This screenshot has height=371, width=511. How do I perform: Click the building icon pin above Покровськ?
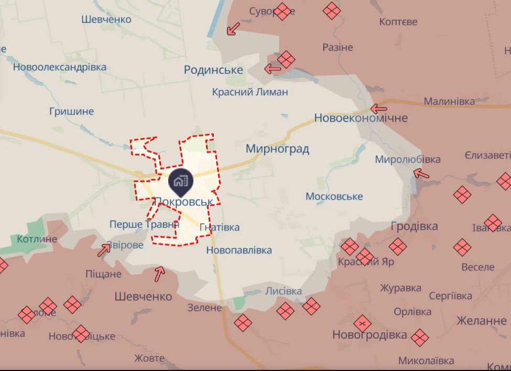(x=181, y=181)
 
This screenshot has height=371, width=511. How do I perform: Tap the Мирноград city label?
(x=277, y=149)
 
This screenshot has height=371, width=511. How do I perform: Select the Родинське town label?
(x=213, y=70)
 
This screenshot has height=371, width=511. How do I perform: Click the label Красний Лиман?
(x=250, y=92)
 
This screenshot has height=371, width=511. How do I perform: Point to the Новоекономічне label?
(x=361, y=118)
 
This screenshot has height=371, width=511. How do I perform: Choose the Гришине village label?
(x=71, y=111)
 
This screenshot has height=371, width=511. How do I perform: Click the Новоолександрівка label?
(x=60, y=67)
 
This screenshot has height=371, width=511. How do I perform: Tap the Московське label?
(x=334, y=197)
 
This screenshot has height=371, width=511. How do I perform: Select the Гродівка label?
(x=414, y=226)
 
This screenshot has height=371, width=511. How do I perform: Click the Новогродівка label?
(x=369, y=334)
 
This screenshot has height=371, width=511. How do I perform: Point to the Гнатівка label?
(x=220, y=227)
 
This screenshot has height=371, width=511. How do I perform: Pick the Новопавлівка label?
(x=239, y=250)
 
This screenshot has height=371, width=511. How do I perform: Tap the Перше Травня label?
(x=144, y=224)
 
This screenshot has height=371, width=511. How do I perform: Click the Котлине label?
(x=37, y=239)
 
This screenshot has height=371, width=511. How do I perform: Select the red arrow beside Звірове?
(x=104, y=250)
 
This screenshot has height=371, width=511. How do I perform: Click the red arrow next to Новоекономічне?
(x=378, y=109)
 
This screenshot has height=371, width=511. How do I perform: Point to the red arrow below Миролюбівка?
(x=421, y=173)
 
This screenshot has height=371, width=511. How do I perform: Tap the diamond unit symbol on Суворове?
(x=282, y=12)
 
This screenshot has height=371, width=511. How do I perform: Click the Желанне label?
(x=481, y=320)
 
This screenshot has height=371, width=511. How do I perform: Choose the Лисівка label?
(x=284, y=291)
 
